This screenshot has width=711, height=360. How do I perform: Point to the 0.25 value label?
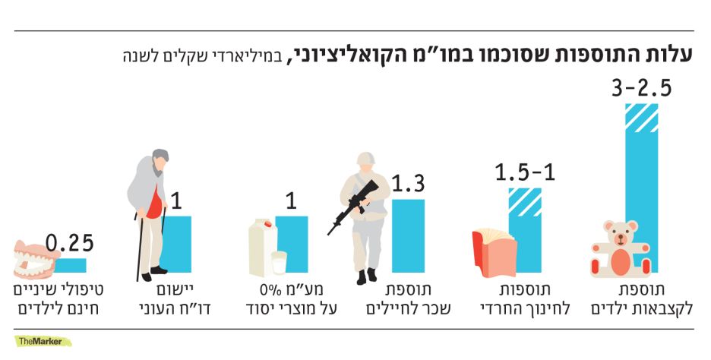tap(69, 243)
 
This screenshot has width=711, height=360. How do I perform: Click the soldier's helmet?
tap(368, 160)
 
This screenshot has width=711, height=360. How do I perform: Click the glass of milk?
tap(280, 264)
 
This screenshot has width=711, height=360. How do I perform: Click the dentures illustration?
tap(34, 261)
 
